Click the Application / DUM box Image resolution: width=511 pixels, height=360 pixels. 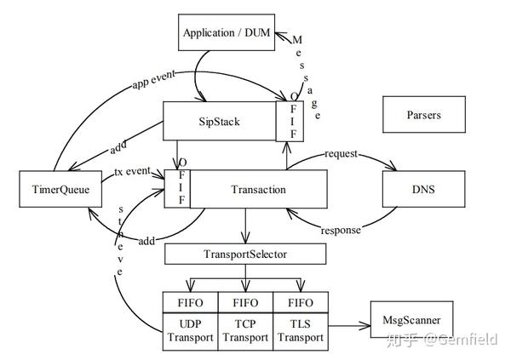pyautogui.click(x=227, y=32)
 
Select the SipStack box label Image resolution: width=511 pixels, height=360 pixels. pyautogui.click(x=219, y=122)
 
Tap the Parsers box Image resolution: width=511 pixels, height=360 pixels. pyautogui.click(x=424, y=114)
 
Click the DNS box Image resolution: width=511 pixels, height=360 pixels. pyautogui.click(x=423, y=189)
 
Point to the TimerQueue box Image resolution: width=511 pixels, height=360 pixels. pyautogui.click(x=60, y=189)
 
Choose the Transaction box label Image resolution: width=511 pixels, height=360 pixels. pyautogui.click(x=258, y=189)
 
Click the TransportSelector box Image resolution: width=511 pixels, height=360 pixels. pyautogui.click(x=245, y=254)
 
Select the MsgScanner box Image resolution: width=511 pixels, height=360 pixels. pyautogui.click(x=411, y=320)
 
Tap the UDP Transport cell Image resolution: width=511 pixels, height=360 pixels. pyautogui.click(x=190, y=332)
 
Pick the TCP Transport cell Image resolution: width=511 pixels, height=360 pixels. pyautogui.click(x=245, y=332)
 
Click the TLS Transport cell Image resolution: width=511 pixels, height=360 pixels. pyautogui.click(x=301, y=332)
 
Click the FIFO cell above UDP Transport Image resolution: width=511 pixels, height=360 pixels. pyautogui.click(x=190, y=303)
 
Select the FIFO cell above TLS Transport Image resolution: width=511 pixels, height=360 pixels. pyautogui.click(x=301, y=303)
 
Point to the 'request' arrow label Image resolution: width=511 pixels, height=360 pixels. pyautogui.click(x=341, y=154)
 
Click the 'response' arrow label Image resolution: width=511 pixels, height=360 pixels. pyautogui.click(x=341, y=231)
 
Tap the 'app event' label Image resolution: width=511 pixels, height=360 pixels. pyautogui.click(x=153, y=79)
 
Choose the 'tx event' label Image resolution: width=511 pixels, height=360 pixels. pyautogui.click(x=132, y=171)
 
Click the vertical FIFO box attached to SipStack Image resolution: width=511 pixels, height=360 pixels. pyautogui.click(x=290, y=121)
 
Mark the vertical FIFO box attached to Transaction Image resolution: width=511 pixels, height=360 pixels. pyautogui.click(x=177, y=189)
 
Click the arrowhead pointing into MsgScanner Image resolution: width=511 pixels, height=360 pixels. pyautogui.click(x=365, y=325)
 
